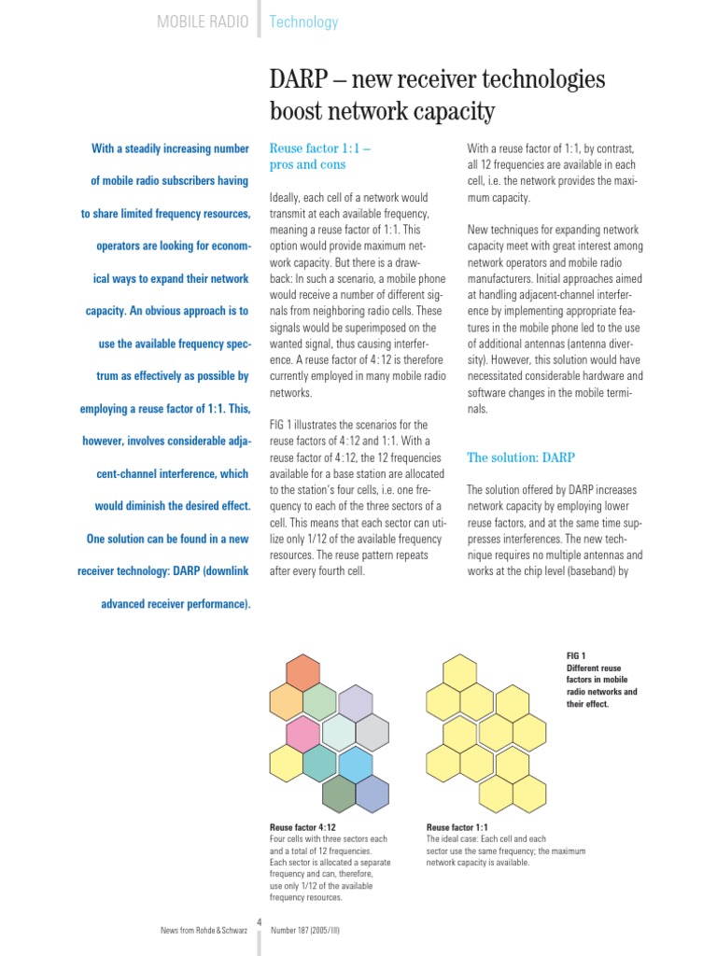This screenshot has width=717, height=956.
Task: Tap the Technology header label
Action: (303, 21)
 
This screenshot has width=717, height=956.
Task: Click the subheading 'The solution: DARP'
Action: (520, 457)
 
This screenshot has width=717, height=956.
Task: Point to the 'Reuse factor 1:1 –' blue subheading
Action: (320, 148)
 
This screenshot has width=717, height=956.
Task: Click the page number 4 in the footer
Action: (260, 922)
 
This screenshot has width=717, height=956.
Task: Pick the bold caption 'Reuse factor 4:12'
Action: (302, 827)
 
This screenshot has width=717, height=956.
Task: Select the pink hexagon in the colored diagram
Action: (302, 734)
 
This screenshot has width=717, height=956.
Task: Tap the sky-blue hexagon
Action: (355, 764)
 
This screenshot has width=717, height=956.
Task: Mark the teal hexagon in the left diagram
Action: (320, 764)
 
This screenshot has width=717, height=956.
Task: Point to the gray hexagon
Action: (372, 734)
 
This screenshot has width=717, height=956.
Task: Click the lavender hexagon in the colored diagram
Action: (355, 703)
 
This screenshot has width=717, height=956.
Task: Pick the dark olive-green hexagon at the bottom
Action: (338, 794)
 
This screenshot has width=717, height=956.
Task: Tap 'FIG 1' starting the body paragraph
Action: (283, 425)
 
